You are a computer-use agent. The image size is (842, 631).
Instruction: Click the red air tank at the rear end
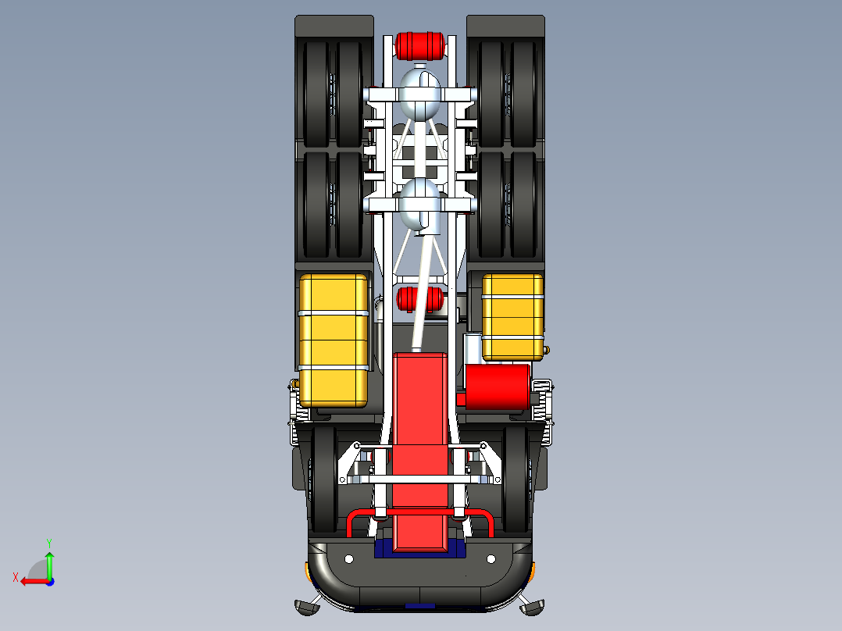click(x=422, y=46)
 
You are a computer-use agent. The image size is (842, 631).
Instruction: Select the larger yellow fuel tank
click(x=334, y=340)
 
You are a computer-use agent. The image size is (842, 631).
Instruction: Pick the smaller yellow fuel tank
click(x=512, y=316)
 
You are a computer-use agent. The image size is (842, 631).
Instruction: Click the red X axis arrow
click(x=30, y=580)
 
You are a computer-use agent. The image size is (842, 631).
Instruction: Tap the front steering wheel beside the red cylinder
click(x=516, y=478)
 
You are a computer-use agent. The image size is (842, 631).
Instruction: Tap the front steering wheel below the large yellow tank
click(x=323, y=478)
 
